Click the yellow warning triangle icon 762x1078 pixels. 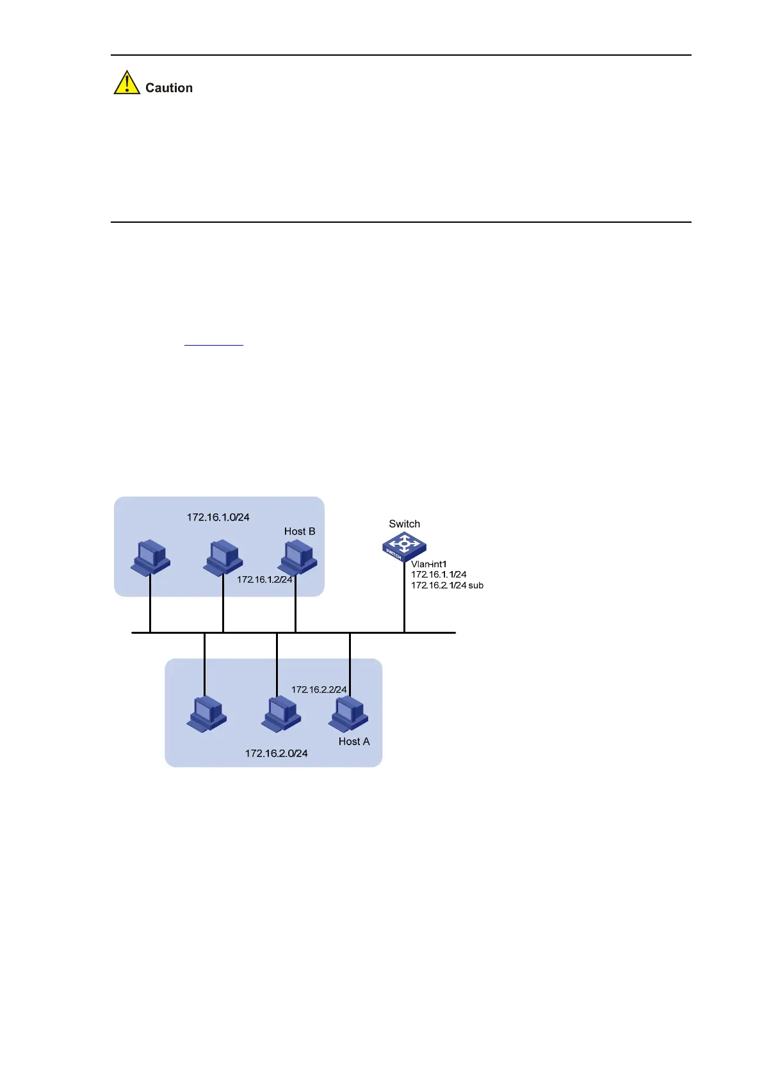pyautogui.click(x=127, y=83)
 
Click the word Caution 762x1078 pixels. pyautogui.click(x=169, y=88)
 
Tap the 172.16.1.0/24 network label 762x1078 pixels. pyautogui.click(x=218, y=517)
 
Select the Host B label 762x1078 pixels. pyautogui.click(x=300, y=531)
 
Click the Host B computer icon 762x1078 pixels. pyautogui.click(x=298, y=558)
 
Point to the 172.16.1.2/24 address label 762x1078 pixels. pyautogui.click(x=264, y=579)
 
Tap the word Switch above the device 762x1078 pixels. pyautogui.click(x=405, y=524)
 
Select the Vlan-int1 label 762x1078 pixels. pyautogui.click(x=428, y=564)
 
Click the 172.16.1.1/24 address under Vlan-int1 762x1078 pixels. pyautogui.click(x=439, y=574)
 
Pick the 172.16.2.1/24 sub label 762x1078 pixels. pyautogui.click(x=447, y=585)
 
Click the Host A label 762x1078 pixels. pyautogui.click(x=354, y=741)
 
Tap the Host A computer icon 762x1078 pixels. pyautogui.click(x=348, y=714)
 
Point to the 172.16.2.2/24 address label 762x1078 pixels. pyautogui.click(x=319, y=689)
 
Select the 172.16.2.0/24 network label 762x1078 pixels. pyautogui.click(x=276, y=753)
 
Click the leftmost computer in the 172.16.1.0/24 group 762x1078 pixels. pyautogui.click(x=150, y=558)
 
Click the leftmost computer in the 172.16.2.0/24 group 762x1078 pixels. pyautogui.click(x=206, y=714)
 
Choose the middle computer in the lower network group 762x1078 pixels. pyautogui.click(x=280, y=714)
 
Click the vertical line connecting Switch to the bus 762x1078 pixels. pyautogui.click(x=404, y=599)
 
